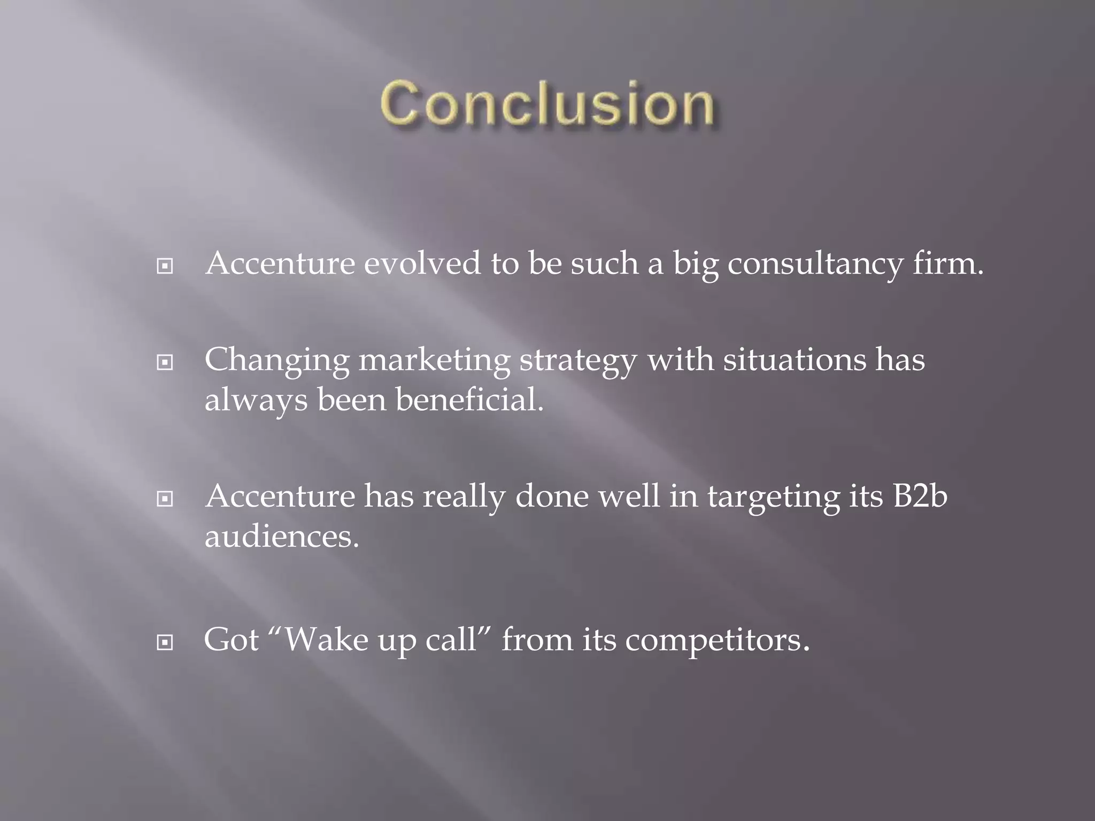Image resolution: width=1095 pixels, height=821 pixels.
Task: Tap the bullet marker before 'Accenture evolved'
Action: tap(165, 266)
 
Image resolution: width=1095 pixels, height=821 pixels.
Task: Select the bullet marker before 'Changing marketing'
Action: tap(165, 363)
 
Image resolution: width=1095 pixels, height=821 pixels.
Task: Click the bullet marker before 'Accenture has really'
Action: tap(165, 499)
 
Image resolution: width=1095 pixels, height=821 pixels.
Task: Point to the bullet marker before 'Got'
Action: tap(165, 642)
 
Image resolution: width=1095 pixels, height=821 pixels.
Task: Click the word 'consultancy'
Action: tap(815, 264)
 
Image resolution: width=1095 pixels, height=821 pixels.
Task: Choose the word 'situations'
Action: tap(795, 359)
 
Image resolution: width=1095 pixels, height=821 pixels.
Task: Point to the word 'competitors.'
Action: tap(718, 640)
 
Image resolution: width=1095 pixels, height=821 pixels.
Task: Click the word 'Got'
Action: tap(231, 639)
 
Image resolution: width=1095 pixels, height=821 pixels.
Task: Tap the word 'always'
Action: tap(256, 400)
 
